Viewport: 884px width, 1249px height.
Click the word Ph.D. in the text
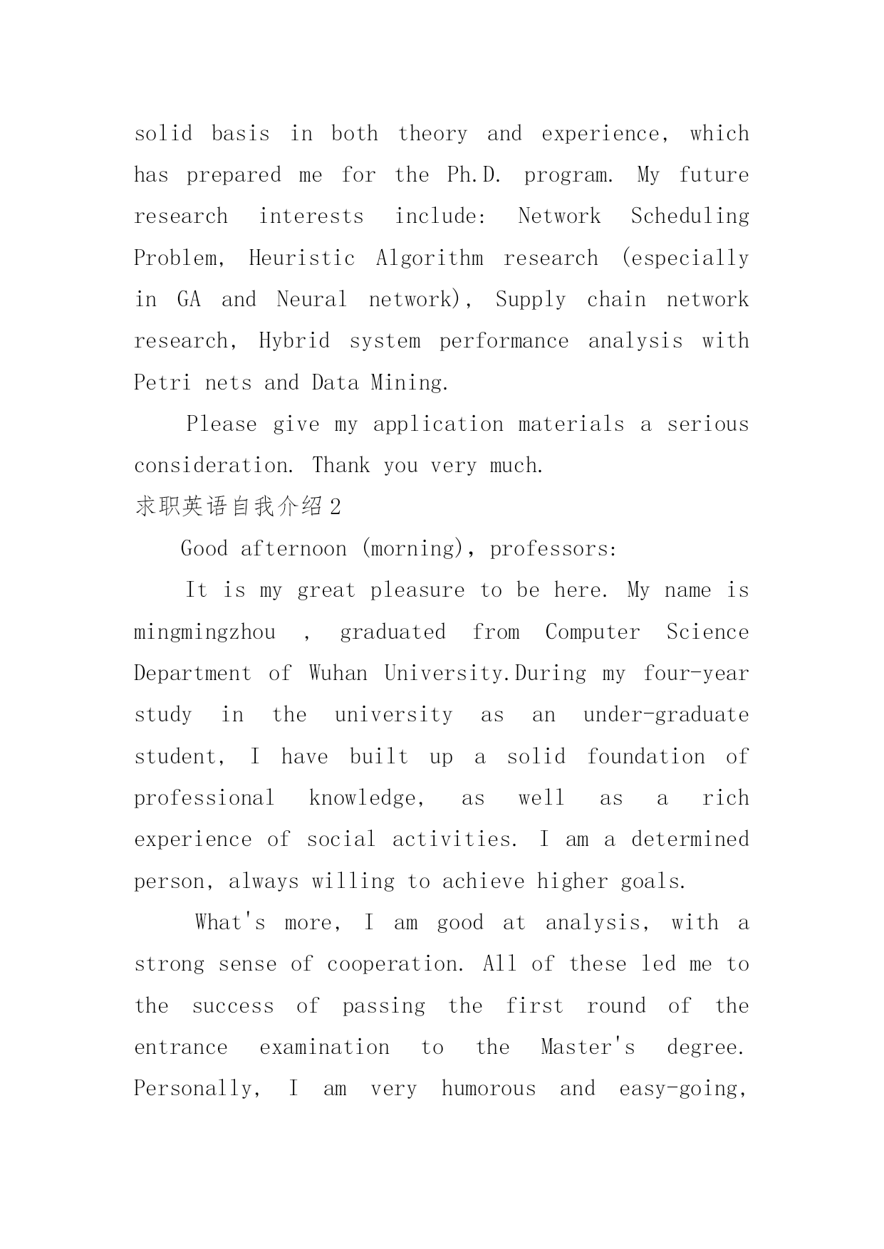click(x=474, y=175)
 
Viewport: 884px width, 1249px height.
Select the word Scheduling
click(x=690, y=216)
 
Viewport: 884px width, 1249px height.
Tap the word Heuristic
click(x=301, y=258)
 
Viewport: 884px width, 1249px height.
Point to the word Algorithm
click(x=429, y=258)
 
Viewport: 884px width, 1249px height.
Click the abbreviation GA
click(x=189, y=299)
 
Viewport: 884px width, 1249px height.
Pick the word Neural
click(x=311, y=299)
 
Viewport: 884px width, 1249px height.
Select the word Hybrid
click(x=294, y=341)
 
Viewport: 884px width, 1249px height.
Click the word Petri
click(x=162, y=383)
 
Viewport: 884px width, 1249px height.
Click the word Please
click(x=221, y=424)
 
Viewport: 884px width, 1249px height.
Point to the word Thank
click(x=340, y=466)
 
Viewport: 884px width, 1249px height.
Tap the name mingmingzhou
click(x=205, y=632)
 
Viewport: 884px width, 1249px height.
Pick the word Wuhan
click(x=338, y=674)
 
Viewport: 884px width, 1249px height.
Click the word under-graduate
click(x=666, y=715)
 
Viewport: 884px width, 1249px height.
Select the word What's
click(x=230, y=923)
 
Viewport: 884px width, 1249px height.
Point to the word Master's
click(x=588, y=1047)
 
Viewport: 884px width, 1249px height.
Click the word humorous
click(x=489, y=1089)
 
